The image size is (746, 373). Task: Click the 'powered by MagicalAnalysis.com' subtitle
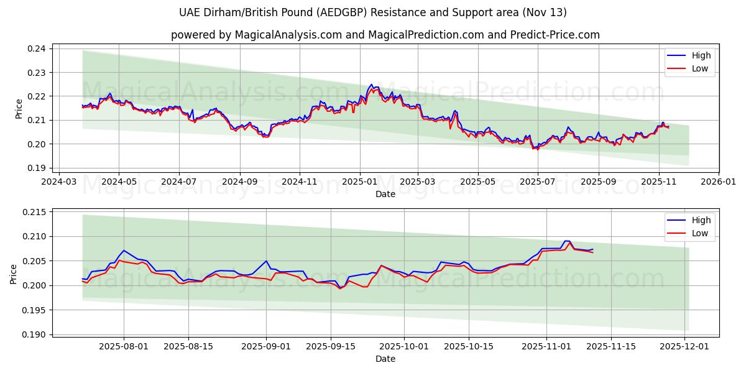click(x=385, y=35)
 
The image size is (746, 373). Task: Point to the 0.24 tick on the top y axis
click(x=38, y=48)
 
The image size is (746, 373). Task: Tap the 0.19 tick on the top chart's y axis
click(x=38, y=168)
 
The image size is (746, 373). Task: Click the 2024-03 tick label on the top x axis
click(x=58, y=182)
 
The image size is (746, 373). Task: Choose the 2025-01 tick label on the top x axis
click(x=359, y=182)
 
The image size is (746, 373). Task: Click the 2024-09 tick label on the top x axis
click(x=239, y=182)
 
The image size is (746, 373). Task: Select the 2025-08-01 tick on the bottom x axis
click(x=123, y=347)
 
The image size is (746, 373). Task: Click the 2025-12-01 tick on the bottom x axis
click(x=684, y=347)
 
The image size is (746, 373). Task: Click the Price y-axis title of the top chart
click(x=19, y=108)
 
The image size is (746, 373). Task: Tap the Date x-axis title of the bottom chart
click(x=385, y=359)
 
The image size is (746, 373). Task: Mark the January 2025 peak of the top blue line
click(x=372, y=84)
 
